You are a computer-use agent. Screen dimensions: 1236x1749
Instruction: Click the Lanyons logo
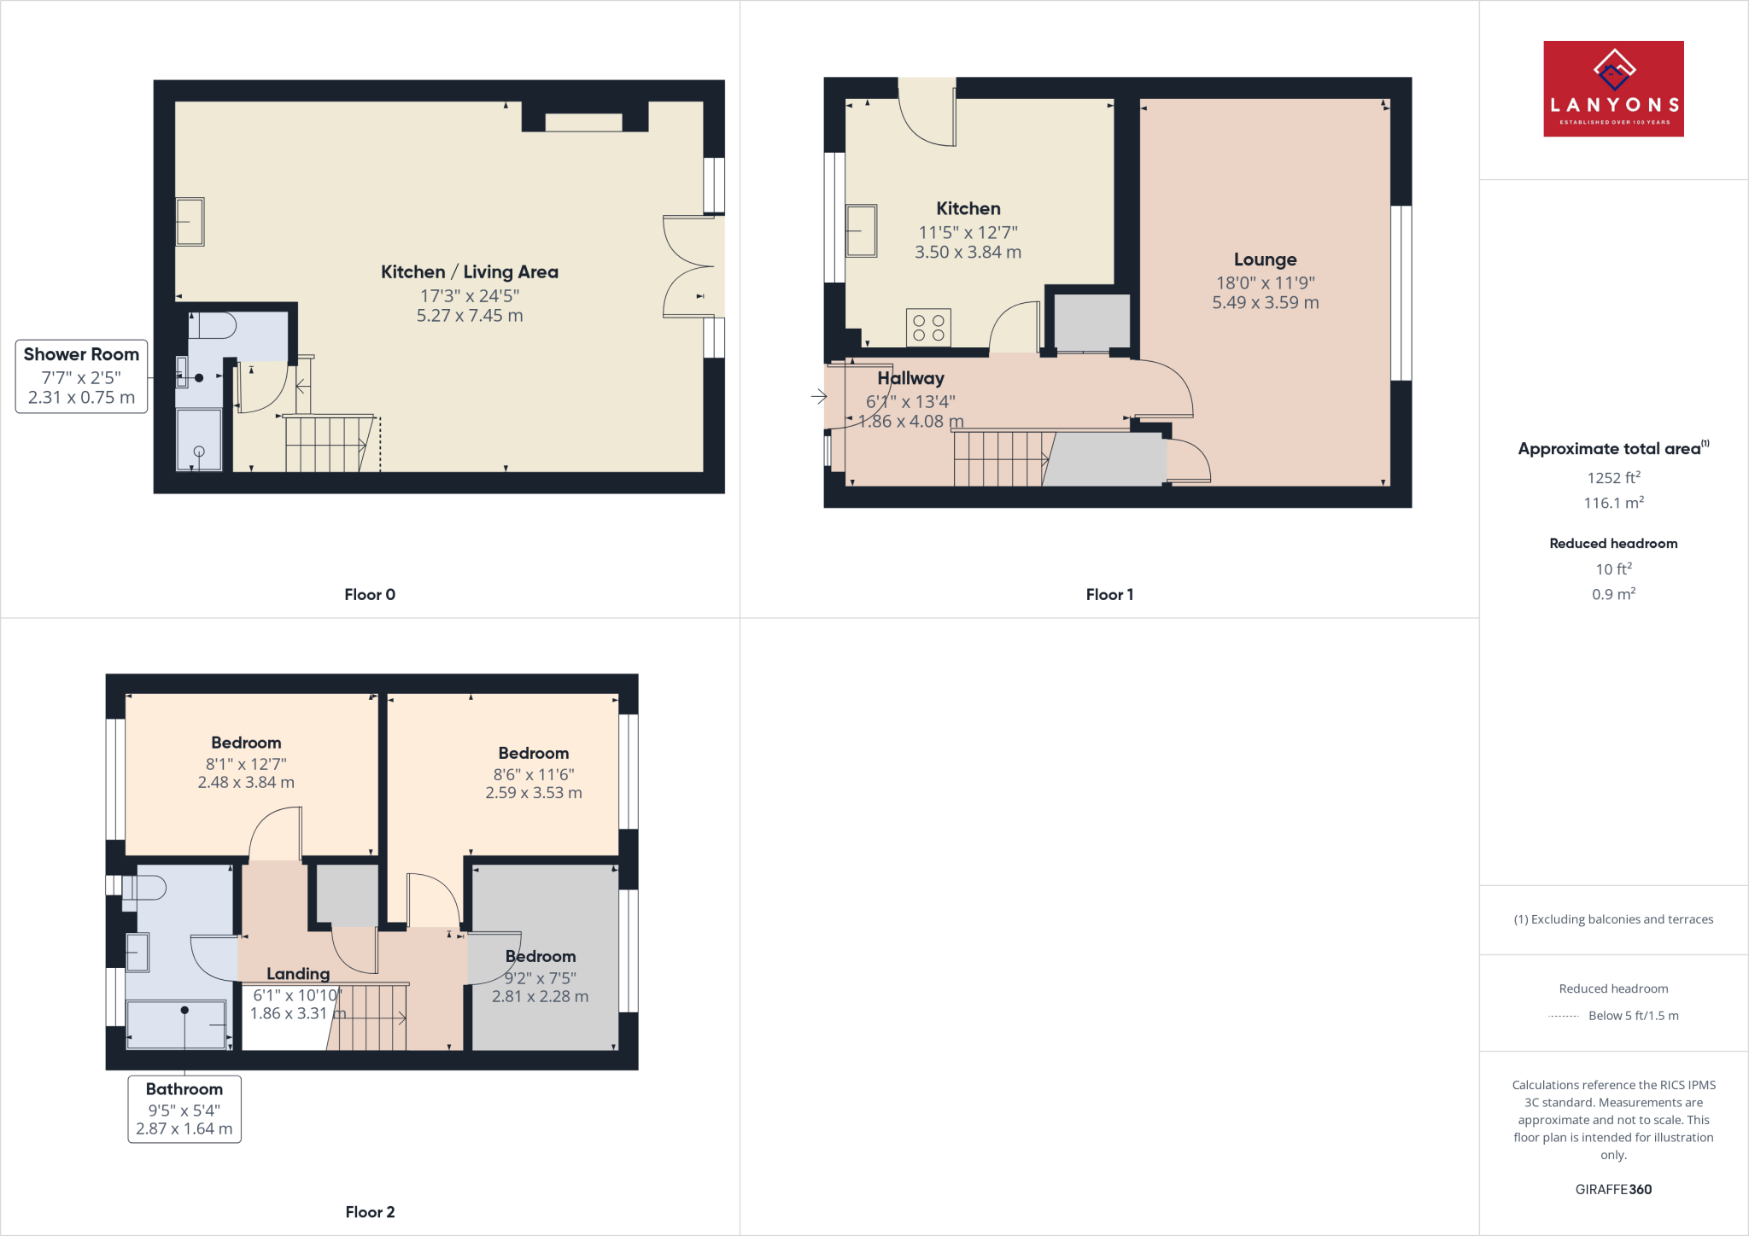pyautogui.click(x=1612, y=89)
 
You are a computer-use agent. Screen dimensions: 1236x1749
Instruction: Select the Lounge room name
pyautogui.click(x=1265, y=259)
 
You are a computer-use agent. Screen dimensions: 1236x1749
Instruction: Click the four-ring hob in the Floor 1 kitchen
pyautogui.click(x=928, y=328)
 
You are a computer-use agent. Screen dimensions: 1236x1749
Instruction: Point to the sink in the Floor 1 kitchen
pyautogui.click(x=861, y=230)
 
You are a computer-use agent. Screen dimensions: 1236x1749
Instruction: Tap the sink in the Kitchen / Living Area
pyautogui.click(x=190, y=222)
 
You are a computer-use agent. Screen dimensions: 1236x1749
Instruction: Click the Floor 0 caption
pyautogui.click(x=370, y=595)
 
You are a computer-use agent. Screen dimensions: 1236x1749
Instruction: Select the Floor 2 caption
pyautogui.click(x=370, y=1212)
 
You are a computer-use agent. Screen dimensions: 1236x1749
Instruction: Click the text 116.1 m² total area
pyautogui.click(x=1613, y=503)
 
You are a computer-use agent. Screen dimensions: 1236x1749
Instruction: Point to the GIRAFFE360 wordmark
pyautogui.click(x=1613, y=1189)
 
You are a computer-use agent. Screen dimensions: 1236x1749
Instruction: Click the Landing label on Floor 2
pyautogui.click(x=297, y=974)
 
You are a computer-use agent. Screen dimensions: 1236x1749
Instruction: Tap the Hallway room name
pyautogui.click(x=910, y=378)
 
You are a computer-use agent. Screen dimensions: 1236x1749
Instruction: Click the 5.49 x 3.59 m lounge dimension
pyautogui.click(x=1265, y=303)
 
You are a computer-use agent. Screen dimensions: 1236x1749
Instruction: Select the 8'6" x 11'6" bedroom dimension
pyautogui.click(x=533, y=774)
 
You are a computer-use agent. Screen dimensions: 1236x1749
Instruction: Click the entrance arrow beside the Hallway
pyautogui.click(x=819, y=396)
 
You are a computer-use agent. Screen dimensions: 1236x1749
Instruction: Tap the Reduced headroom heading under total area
pyautogui.click(x=1613, y=544)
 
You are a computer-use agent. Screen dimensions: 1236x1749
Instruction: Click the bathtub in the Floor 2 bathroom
pyautogui.click(x=177, y=1024)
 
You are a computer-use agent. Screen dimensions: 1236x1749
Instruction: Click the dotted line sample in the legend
pyautogui.click(x=1563, y=1017)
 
